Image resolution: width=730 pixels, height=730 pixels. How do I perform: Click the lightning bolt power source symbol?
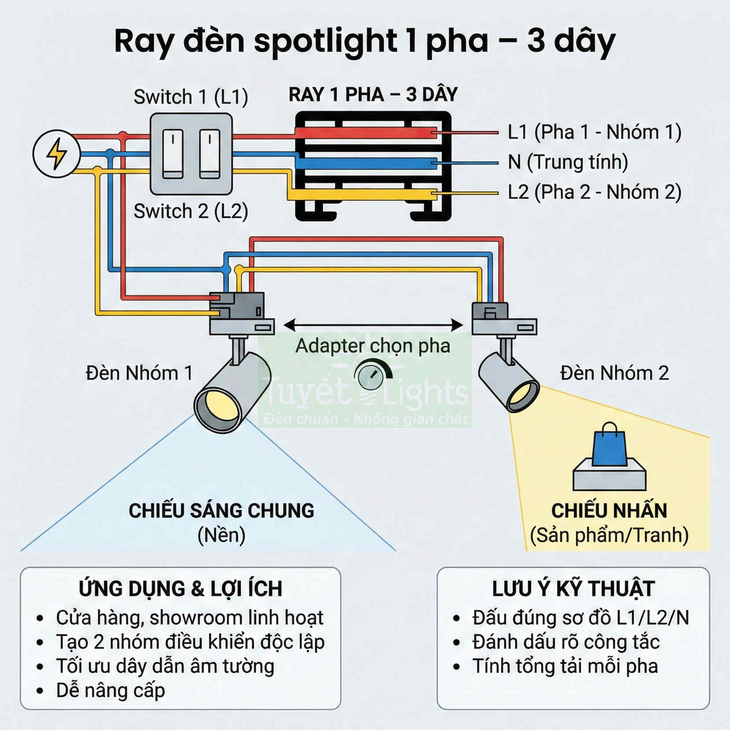pyautogui.click(x=56, y=154)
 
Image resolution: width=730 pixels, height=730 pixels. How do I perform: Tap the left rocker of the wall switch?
pyautogui.click(x=173, y=154)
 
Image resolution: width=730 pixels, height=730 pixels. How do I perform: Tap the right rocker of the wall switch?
pyautogui.click(x=210, y=154)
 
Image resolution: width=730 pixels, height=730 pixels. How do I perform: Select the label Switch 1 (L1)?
pyautogui.click(x=191, y=97)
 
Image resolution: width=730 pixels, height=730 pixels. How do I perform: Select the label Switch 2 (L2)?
pyautogui.click(x=191, y=211)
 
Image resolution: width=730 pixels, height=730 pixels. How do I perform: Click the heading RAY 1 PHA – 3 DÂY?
pyautogui.click(x=373, y=95)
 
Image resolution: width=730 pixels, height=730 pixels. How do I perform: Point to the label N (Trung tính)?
pyautogui.click(x=568, y=162)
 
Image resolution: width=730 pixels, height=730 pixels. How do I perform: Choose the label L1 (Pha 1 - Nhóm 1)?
pyautogui.click(x=594, y=132)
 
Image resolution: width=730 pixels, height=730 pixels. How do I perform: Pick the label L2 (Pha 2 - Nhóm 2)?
pyautogui.click(x=594, y=192)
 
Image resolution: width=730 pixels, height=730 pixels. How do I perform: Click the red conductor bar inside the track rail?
pyautogui.click(x=365, y=133)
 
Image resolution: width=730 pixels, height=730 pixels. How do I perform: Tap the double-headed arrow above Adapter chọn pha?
pyautogui.click(x=373, y=325)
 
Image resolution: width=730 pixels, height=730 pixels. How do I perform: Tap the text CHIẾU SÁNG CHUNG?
pyautogui.click(x=221, y=511)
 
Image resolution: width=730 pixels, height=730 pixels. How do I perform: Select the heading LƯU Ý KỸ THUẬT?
pyautogui.click(x=573, y=589)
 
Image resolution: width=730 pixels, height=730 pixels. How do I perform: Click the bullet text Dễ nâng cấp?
pyautogui.click(x=111, y=690)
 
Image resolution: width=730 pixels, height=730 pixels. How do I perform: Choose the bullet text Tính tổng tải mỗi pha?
pyautogui.click(x=565, y=666)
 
